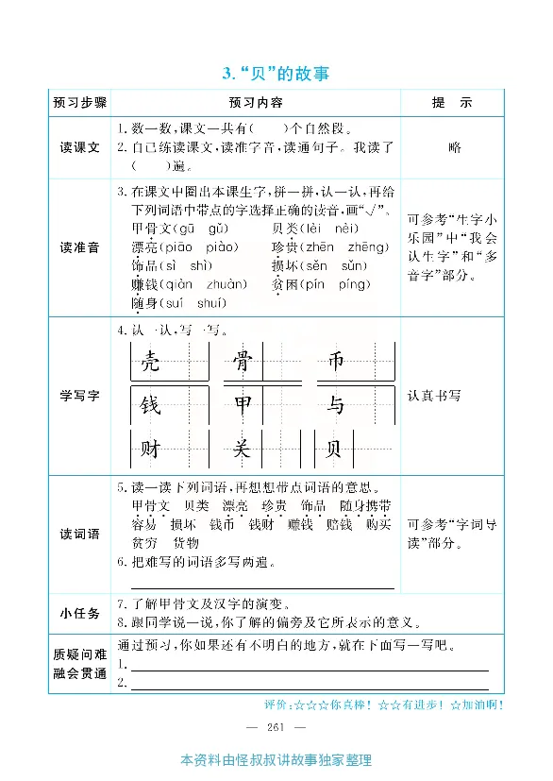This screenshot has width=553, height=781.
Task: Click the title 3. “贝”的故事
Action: (276, 73)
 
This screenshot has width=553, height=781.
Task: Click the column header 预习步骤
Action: (80, 102)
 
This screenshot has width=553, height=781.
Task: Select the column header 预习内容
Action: (256, 102)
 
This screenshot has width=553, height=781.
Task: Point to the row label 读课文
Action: (80, 147)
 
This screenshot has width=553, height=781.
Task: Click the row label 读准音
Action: (80, 247)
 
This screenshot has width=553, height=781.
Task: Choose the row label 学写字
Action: (80, 396)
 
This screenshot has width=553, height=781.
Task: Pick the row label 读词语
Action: (80, 535)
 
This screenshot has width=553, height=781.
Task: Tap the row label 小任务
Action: (80, 614)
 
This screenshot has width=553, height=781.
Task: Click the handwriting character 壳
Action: (150, 362)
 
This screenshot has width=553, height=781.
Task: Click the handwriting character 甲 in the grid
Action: (243, 406)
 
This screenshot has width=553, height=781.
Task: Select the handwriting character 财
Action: (150, 450)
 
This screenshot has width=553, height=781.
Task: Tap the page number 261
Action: (276, 726)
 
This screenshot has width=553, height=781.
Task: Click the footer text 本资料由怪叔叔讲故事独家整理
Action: (276, 760)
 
